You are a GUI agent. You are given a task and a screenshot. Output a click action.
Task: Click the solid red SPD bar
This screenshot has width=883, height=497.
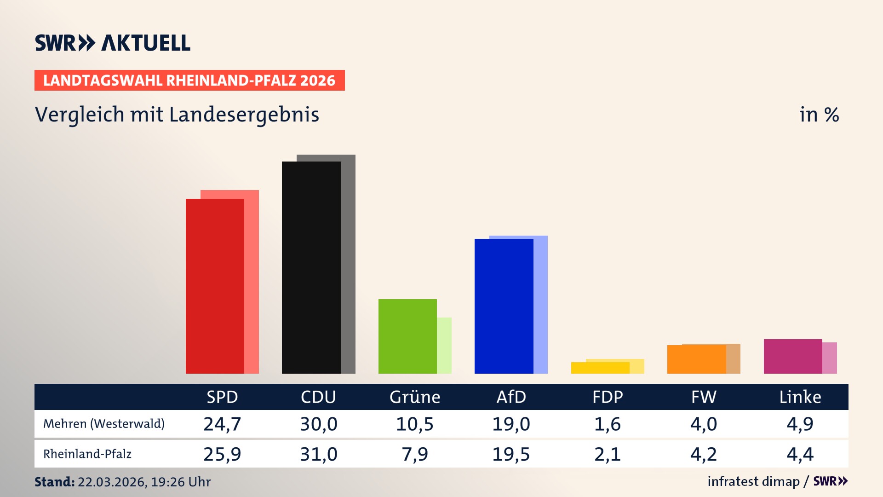215,285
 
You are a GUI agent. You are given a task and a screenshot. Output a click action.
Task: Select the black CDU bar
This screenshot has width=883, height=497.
311,267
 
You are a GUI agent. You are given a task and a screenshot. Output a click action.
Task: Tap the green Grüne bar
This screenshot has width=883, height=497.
407,336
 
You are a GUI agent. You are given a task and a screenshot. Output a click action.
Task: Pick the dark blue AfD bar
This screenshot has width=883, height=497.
504,306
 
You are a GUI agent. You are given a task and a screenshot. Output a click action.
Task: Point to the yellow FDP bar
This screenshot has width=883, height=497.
600,368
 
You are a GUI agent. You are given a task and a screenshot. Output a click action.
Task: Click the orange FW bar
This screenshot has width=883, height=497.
696,359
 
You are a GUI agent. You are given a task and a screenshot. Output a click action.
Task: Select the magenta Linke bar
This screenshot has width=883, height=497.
793,356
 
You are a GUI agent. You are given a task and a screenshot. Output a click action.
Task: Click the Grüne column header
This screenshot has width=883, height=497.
415,397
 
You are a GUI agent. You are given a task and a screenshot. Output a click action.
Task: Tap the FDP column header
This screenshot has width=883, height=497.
608,397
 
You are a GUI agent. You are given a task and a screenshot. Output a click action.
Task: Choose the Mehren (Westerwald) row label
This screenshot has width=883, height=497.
104,424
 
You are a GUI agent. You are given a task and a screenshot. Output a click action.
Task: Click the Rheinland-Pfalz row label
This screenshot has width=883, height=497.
87,454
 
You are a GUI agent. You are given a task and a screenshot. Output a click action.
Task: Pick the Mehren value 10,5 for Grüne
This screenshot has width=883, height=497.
415,424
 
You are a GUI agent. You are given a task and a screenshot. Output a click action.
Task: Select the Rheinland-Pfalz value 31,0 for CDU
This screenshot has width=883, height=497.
319,454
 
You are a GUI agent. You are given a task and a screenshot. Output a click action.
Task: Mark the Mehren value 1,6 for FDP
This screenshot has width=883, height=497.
608,424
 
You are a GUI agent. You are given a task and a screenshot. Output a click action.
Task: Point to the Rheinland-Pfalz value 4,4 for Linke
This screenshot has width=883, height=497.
800,454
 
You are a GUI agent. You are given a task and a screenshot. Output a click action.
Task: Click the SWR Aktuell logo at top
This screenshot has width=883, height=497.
113,43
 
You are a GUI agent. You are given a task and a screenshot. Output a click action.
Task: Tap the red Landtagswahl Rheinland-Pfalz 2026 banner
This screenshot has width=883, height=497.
189,81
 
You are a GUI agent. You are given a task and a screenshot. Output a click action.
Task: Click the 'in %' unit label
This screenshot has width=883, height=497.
819,115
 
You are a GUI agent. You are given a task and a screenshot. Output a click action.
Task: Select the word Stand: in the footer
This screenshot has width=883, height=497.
54,482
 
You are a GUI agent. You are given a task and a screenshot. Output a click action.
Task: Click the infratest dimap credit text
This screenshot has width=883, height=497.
753,481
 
